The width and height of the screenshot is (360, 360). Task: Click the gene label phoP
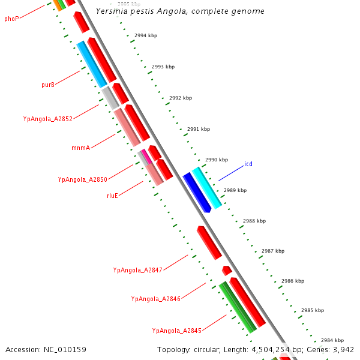(x=11, y=19)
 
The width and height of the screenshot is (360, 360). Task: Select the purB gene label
(x=48, y=85)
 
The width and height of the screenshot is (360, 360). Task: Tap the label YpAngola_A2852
(x=47, y=119)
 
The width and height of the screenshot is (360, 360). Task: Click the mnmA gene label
(x=80, y=147)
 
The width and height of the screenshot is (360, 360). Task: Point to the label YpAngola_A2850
(x=82, y=179)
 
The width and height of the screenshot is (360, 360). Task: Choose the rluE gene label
(x=112, y=196)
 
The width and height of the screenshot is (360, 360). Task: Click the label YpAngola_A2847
(x=137, y=270)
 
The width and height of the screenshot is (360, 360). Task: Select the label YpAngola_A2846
(x=155, y=299)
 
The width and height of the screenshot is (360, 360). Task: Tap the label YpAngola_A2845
(x=176, y=331)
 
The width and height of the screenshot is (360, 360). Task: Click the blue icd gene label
(x=248, y=164)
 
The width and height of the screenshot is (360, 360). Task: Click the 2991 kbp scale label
(x=199, y=129)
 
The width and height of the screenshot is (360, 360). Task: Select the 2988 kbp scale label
(x=254, y=221)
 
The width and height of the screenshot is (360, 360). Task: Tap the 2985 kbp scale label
(x=312, y=310)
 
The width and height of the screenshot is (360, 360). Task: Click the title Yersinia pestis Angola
(x=180, y=11)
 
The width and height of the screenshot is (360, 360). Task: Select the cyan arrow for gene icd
(x=208, y=187)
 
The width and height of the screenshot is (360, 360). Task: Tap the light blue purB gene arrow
(x=92, y=64)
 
